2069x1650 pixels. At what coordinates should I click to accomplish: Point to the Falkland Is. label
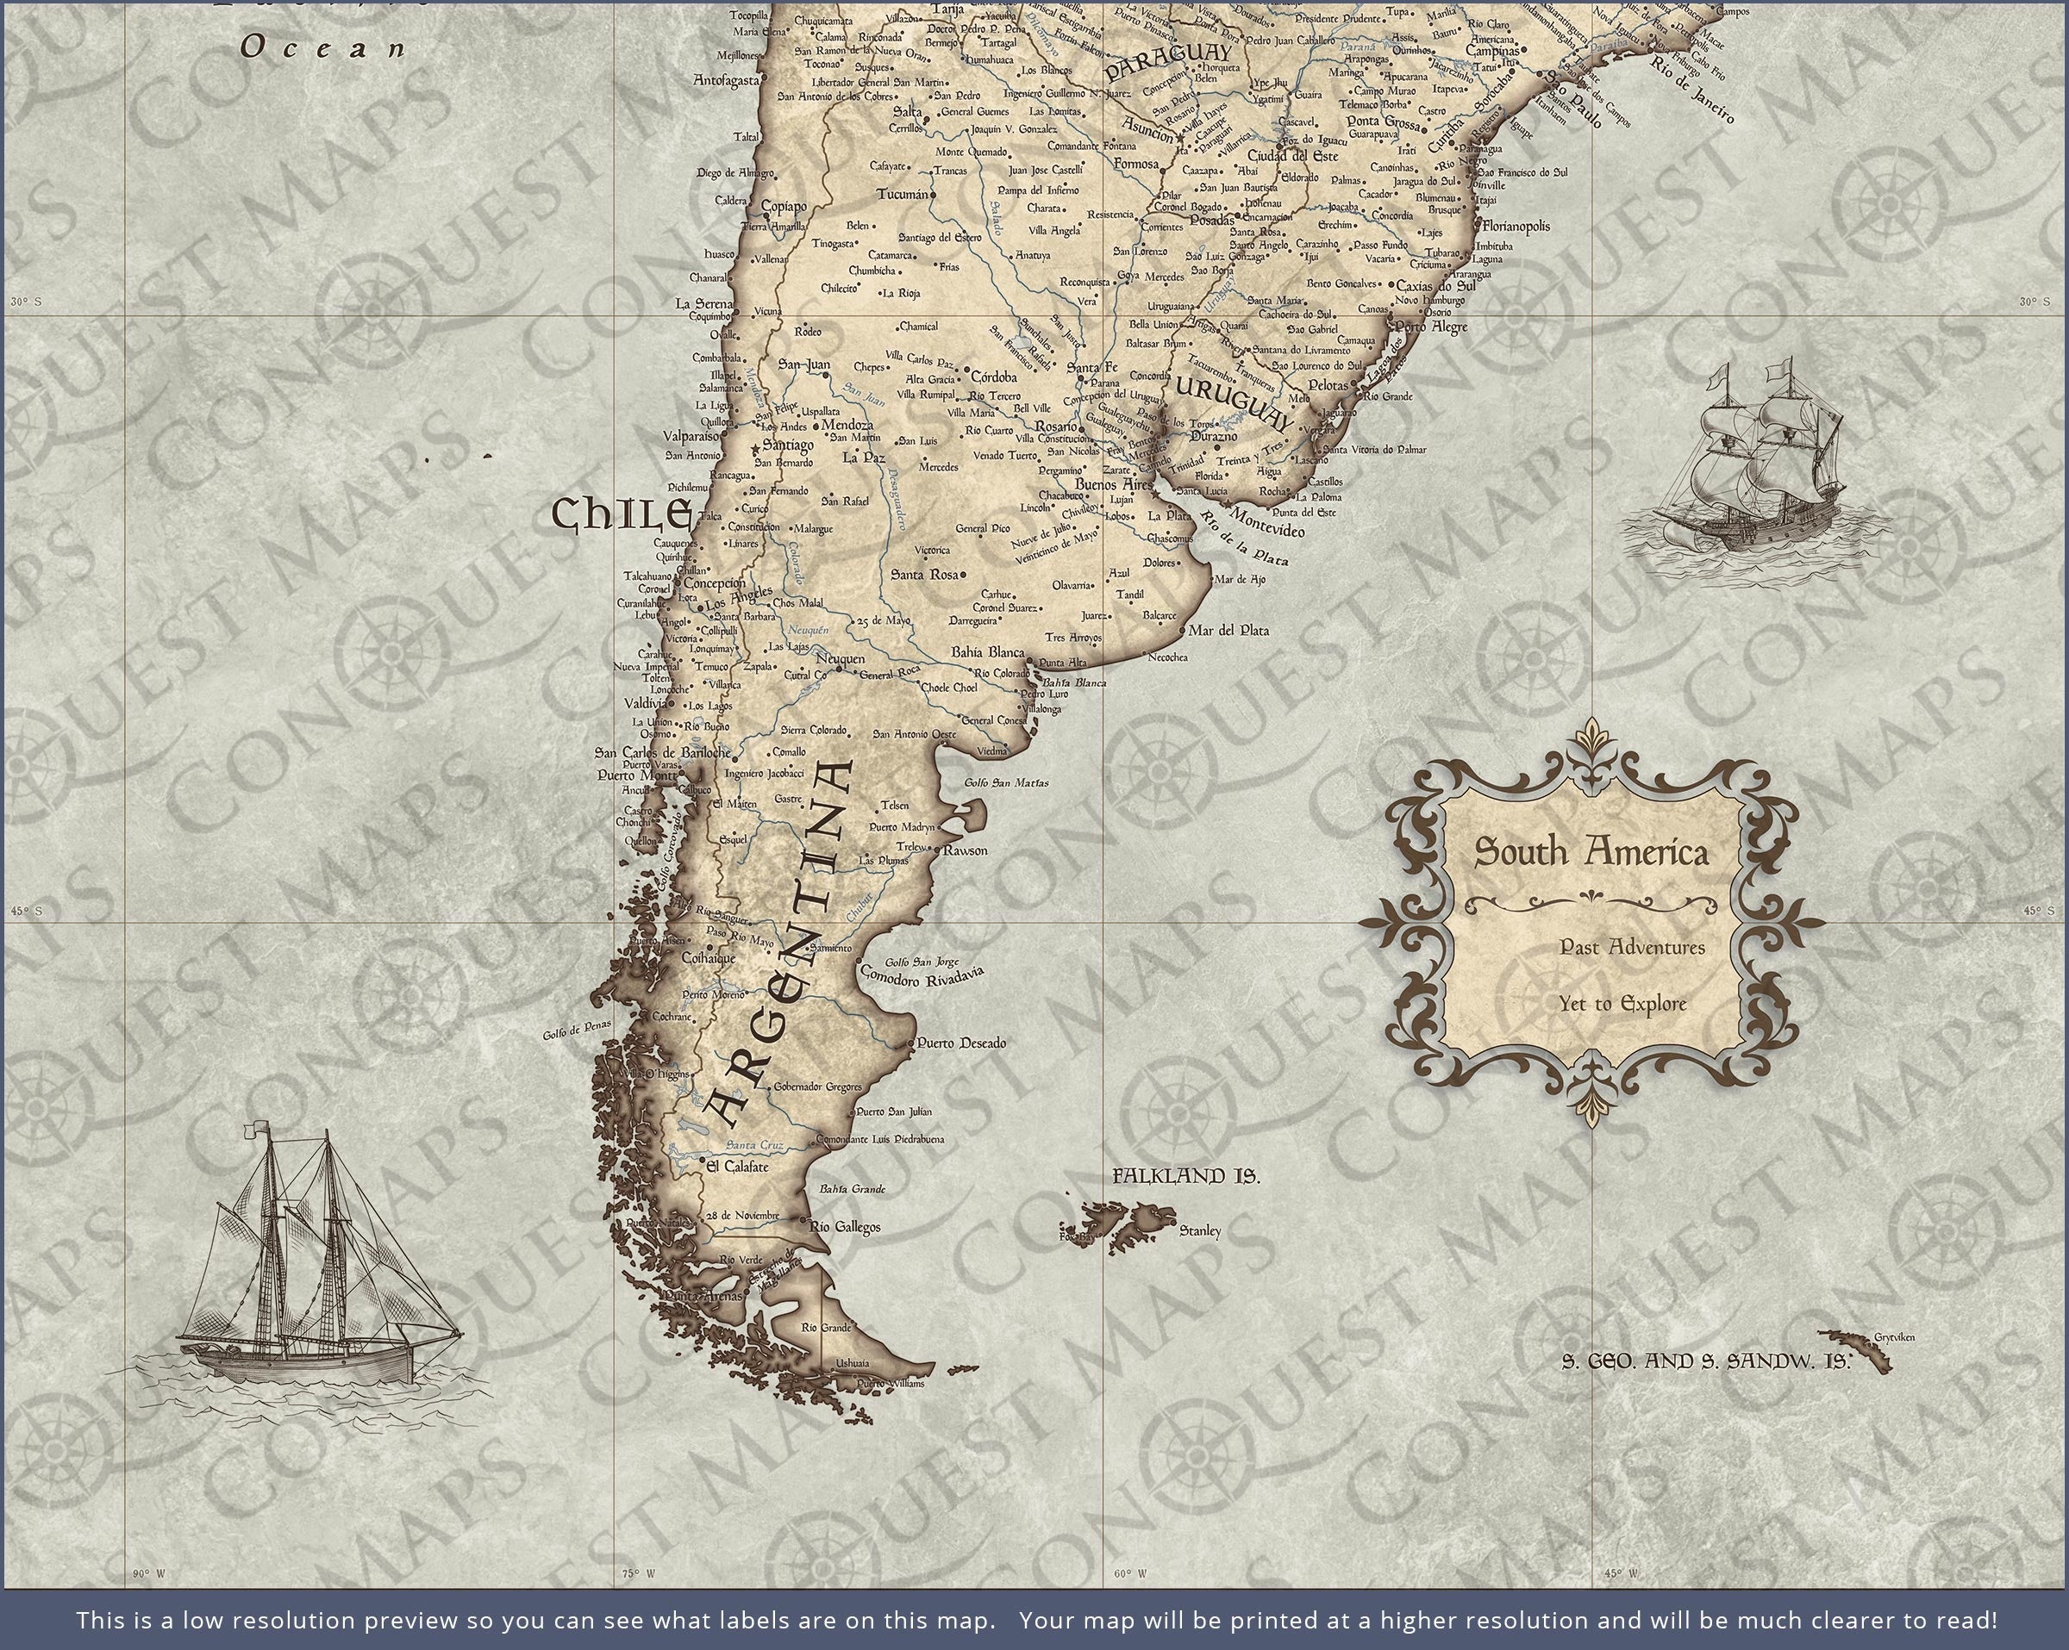tap(1186, 1176)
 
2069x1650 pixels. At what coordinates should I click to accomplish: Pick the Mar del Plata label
tap(1228, 630)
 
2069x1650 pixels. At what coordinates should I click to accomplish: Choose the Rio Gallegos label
tap(845, 1227)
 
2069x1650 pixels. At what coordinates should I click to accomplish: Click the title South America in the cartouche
tap(1591, 852)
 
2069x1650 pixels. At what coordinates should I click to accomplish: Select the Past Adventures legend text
tap(1619, 948)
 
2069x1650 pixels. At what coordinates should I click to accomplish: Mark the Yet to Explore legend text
tap(1622, 1005)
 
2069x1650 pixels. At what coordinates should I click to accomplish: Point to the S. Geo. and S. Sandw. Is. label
tap(1706, 1360)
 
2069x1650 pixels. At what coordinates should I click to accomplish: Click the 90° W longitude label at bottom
tap(149, 1573)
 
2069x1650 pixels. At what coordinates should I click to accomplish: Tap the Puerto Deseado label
tap(960, 1043)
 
